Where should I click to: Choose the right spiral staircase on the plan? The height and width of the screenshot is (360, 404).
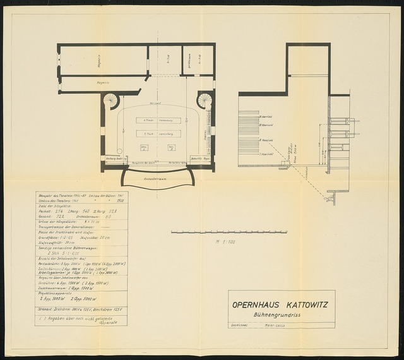tap(205, 100)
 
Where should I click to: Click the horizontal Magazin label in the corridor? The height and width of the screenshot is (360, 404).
tap(86, 81)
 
